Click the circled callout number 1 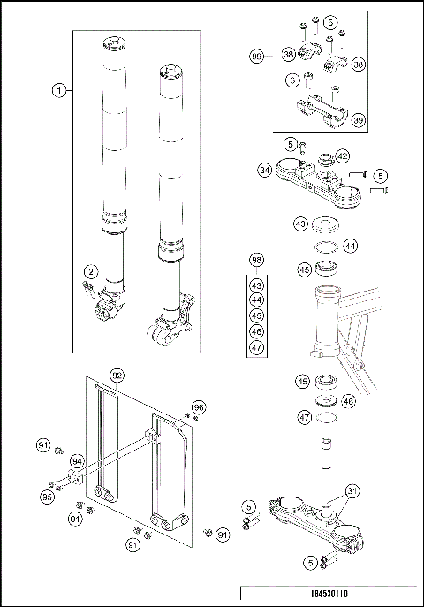click(x=58, y=89)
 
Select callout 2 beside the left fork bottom click(x=89, y=271)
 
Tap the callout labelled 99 click(x=257, y=56)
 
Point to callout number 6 click(x=292, y=80)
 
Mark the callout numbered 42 click(x=342, y=156)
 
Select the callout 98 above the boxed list click(x=257, y=261)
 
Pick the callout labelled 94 click(x=77, y=459)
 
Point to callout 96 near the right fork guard click(x=199, y=407)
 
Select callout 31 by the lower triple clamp click(x=352, y=492)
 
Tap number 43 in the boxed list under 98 click(x=257, y=285)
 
